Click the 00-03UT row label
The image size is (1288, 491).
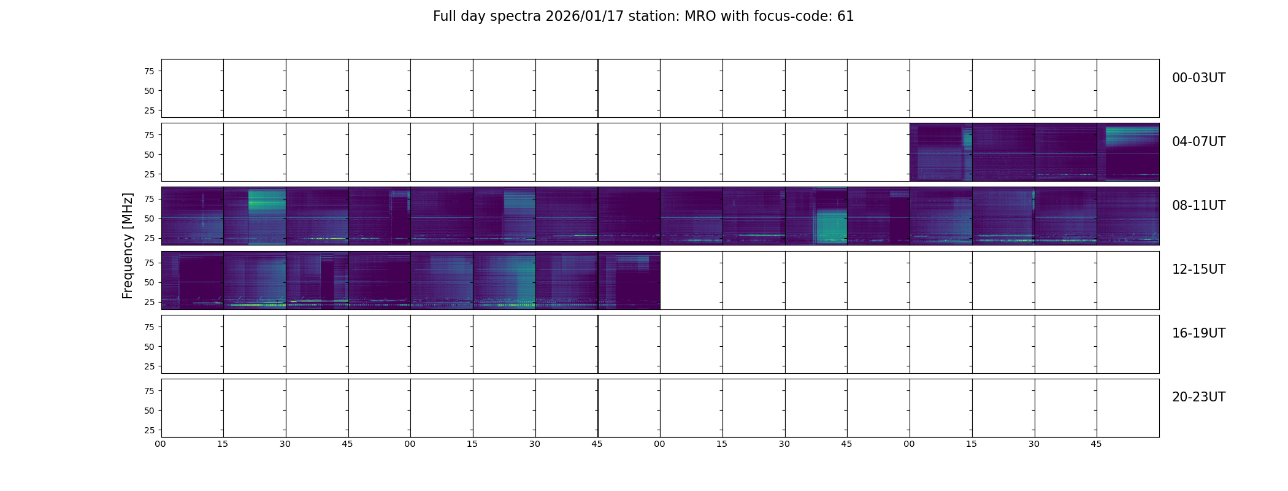(1198, 78)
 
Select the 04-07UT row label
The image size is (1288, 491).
(1198, 142)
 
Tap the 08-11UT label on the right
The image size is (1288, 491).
(1198, 206)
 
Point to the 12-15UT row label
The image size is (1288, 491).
(1198, 269)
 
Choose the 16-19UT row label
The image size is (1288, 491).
(1198, 333)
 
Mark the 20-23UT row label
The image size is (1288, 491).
(1198, 397)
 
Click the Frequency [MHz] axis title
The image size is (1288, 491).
(128, 245)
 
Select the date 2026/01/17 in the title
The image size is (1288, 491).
(585, 17)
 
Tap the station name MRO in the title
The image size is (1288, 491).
(693, 17)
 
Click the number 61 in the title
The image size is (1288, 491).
(845, 17)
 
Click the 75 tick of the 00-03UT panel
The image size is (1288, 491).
(149, 71)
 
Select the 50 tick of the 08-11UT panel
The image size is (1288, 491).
(149, 218)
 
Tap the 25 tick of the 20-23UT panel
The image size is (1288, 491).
(149, 430)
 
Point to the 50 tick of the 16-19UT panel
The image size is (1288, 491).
(149, 347)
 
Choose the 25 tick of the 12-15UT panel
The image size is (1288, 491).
(149, 302)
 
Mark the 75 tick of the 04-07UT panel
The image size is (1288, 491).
(149, 135)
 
